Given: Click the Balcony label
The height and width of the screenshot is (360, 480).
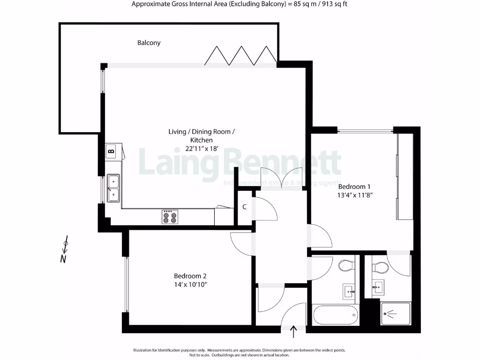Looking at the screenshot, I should point(149,43).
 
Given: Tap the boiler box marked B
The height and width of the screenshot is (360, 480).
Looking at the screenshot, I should point(111,151).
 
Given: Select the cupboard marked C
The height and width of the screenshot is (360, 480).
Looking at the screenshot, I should point(245,207).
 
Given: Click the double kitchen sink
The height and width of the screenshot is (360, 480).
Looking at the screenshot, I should point(113,187).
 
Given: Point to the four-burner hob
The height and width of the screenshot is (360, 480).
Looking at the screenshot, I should point(170,217).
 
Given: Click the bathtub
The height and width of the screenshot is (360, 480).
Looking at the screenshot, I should point(335,315).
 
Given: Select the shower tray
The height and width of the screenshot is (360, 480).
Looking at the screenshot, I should point(396,314).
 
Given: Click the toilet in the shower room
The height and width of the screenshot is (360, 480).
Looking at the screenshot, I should point(380,268).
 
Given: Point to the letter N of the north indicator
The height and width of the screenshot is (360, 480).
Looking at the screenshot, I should point(63,259).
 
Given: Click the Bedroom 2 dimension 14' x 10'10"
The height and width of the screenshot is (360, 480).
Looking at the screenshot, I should point(190,284).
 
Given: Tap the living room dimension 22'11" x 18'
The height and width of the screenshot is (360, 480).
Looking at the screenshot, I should point(199,149).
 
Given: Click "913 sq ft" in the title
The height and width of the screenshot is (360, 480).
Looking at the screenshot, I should point(331,4).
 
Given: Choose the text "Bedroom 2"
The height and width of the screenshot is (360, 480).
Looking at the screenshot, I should point(190,276).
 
